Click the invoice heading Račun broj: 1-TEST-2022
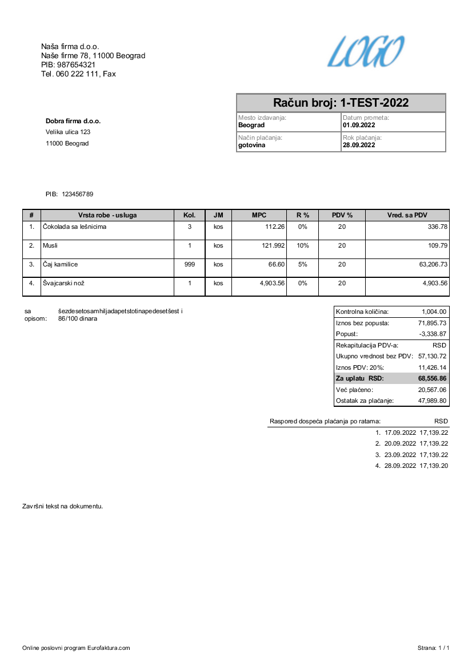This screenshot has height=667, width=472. [x=341, y=103]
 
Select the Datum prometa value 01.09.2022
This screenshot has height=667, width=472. [x=359, y=125]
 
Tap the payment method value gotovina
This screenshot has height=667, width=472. [x=251, y=145]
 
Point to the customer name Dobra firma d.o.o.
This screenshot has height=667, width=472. [x=73, y=121]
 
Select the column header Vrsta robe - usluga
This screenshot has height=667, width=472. [x=107, y=215]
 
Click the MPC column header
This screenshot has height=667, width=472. [x=259, y=215]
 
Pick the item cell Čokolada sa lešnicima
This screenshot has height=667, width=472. [x=75, y=227]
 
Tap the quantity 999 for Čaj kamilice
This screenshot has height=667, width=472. [x=190, y=265]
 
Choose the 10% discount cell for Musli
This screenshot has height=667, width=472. [x=303, y=246]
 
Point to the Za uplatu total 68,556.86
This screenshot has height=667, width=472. [x=432, y=378]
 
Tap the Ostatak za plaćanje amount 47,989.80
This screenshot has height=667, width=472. [x=432, y=401]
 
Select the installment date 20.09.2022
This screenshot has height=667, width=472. [x=401, y=443]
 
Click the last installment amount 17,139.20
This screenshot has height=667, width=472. [x=434, y=466]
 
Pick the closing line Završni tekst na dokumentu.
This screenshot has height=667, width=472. [x=62, y=506]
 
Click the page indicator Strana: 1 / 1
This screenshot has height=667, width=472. [x=434, y=648]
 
